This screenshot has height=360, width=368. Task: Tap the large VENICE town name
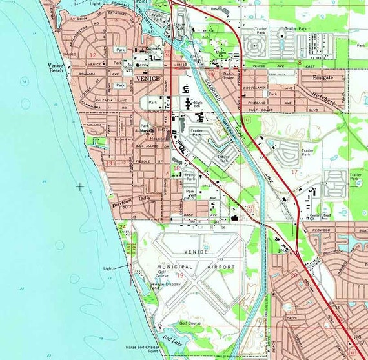[147, 78]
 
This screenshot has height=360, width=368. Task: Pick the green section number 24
[123, 226]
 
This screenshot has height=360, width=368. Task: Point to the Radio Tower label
[229, 76]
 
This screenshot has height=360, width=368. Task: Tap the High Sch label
[198, 103]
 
